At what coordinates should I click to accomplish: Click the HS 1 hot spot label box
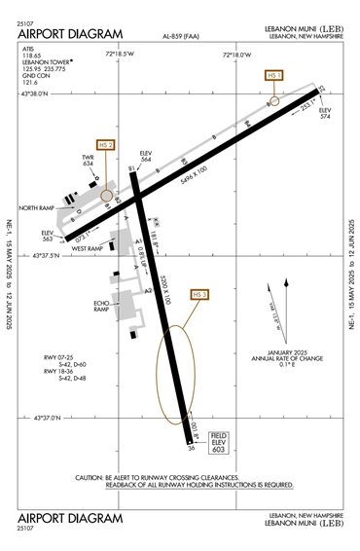click(273, 75)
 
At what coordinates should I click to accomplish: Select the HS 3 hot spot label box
click(200, 295)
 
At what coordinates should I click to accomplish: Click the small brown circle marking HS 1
click(274, 100)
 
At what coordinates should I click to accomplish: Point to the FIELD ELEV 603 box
click(219, 443)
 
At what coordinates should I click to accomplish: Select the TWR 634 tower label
click(87, 160)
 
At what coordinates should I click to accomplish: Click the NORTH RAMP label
click(37, 207)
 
